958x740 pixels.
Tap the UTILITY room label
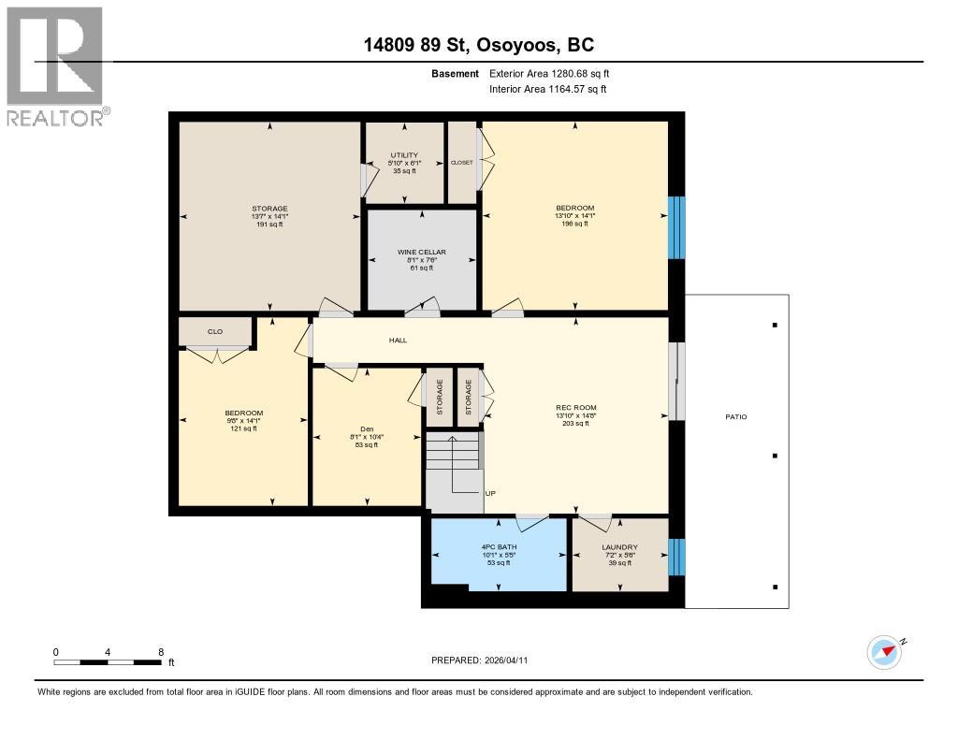tap(404, 155)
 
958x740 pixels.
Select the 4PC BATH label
tap(498, 546)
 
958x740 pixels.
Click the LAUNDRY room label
tap(619, 547)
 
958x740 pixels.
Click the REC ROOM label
tap(575, 407)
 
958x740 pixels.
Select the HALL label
tap(398, 341)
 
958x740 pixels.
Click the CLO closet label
tap(214, 331)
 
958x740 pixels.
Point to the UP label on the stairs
tap(489, 493)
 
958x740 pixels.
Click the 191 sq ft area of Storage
tap(269, 225)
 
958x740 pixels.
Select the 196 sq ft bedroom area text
tap(574, 224)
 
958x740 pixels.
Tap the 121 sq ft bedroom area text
tap(243, 428)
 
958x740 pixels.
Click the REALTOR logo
tap(56, 65)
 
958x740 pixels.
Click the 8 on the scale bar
tap(161, 651)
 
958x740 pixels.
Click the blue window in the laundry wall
tap(677, 557)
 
